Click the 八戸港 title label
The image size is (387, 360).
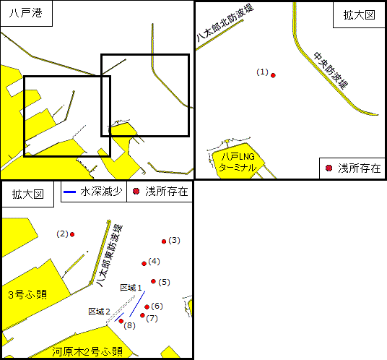[26, 13]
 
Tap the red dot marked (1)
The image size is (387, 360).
[273, 75]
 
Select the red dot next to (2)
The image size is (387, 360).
[72, 234]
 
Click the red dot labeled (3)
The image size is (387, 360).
[164, 241]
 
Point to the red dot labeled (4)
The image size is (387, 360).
[144, 264]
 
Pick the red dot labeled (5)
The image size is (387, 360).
[153, 281]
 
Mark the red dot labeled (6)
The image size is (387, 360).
[147, 307]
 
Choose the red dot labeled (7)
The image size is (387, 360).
[142, 315]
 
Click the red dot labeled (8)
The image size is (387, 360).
[121, 321]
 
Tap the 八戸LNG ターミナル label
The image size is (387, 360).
[238, 162]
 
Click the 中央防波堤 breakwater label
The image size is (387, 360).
[331, 70]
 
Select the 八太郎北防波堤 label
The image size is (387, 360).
[225, 22]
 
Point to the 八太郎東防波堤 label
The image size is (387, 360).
[110, 255]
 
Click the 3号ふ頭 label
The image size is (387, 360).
[27, 294]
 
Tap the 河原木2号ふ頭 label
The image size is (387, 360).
[87, 351]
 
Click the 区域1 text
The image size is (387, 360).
[131, 288]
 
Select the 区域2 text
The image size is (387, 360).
[99, 312]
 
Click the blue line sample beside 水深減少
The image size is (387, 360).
[69, 192]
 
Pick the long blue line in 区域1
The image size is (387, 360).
[137, 304]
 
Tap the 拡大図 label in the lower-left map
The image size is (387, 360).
[28, 194]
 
